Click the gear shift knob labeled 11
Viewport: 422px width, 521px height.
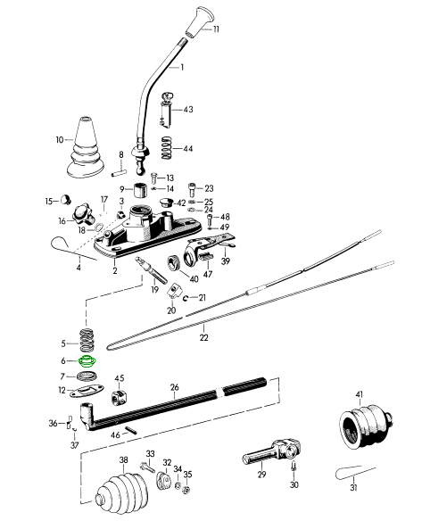point(198,21)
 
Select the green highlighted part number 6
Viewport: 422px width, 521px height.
point(87,360)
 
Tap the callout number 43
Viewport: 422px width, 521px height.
point(188,110)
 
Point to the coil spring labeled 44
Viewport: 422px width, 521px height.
point(167,148)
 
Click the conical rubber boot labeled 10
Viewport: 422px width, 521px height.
point(86,146)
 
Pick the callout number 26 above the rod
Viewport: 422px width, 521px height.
point(175,387)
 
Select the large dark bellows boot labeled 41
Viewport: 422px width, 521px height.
point(366,427)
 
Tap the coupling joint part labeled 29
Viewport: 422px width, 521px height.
point(272,452)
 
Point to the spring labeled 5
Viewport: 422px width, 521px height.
point(87,340)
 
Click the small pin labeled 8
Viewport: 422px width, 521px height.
point(119,172)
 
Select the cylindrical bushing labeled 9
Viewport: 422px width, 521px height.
point(140,189)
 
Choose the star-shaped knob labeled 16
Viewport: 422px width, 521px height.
point(82,215)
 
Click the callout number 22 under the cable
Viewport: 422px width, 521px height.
point(204,337)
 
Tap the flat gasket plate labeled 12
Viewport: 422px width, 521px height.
point(87,391)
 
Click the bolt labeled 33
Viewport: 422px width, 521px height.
point(147,467)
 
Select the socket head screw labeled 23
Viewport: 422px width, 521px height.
point(193,190)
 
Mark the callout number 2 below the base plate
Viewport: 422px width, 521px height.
point(115,270)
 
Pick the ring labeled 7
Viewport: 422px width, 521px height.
point(87,376)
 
